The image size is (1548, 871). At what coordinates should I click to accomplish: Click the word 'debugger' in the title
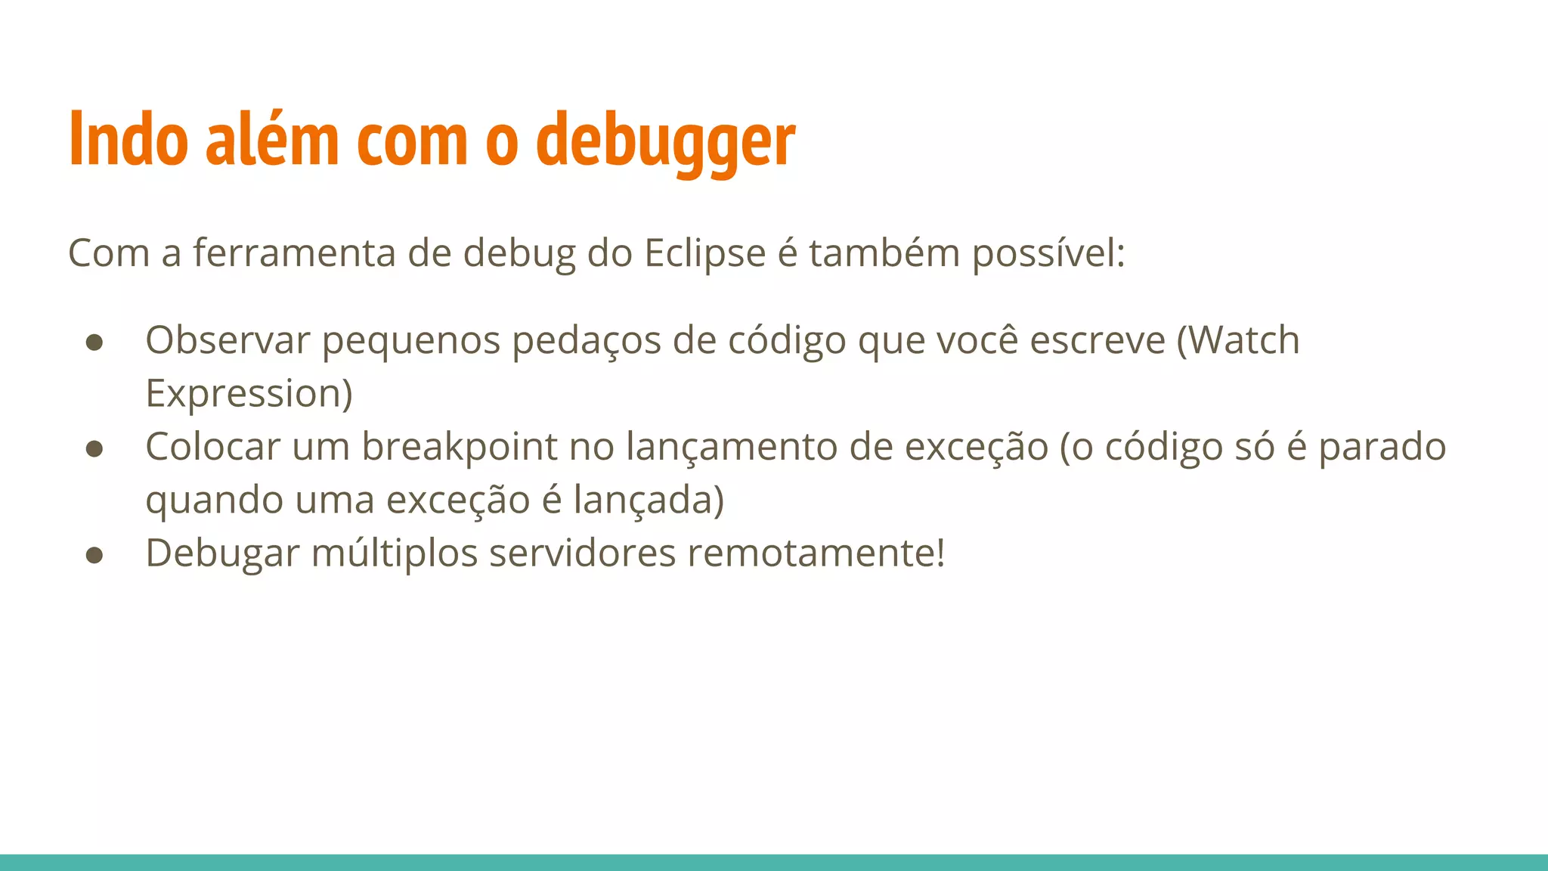click(x=665, y=140)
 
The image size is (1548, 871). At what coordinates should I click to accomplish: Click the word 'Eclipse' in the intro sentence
click(x=704, y=253)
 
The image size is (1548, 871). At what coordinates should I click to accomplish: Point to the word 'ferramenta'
click(x=294, y=253)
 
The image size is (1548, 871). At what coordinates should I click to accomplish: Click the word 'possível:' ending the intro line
click(x=1048, y=254)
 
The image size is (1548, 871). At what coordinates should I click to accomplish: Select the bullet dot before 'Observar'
click(x=94, y=343)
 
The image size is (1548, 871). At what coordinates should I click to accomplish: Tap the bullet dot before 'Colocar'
click(x=94, y=449)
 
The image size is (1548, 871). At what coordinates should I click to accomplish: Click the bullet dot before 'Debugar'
click(x=94, y=556)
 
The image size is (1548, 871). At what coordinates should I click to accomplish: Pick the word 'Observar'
click(x=228, y=340)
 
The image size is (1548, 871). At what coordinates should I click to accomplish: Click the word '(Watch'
click(x=1238, y=340)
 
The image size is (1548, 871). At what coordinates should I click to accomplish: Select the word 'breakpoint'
click(x=459, y=448)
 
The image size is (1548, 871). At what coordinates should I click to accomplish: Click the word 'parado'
click(x=1382, y=448)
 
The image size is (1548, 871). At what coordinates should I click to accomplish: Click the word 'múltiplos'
click(x=395, y=553)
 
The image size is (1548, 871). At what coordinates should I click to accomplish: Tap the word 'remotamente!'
click(x=816, y=553)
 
